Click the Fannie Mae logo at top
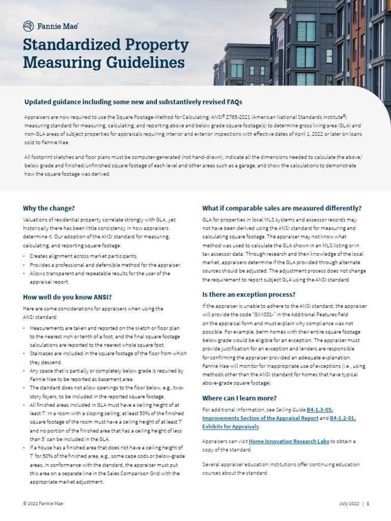(50, 25)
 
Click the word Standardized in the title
(66, 45)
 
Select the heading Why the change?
(49, 208)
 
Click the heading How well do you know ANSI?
(67, 297)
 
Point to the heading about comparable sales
(282, 208)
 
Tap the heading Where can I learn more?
(239, 398)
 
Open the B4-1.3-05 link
(320, 410)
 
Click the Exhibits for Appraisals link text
(230, 426)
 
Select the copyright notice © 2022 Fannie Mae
(43, 503)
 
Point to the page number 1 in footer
(368, 503)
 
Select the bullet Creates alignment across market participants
(83, 256)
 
